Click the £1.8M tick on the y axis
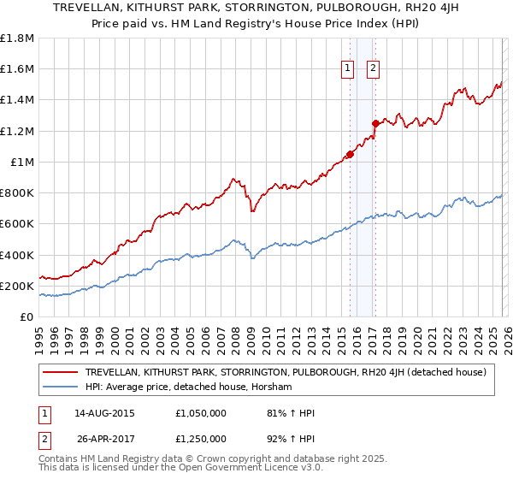[17, 38]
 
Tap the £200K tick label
[17, 286]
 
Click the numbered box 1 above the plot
[349, 70]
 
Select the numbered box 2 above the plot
[374, 70]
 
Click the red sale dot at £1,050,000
[350, 155]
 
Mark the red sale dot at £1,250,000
[374, 123]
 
